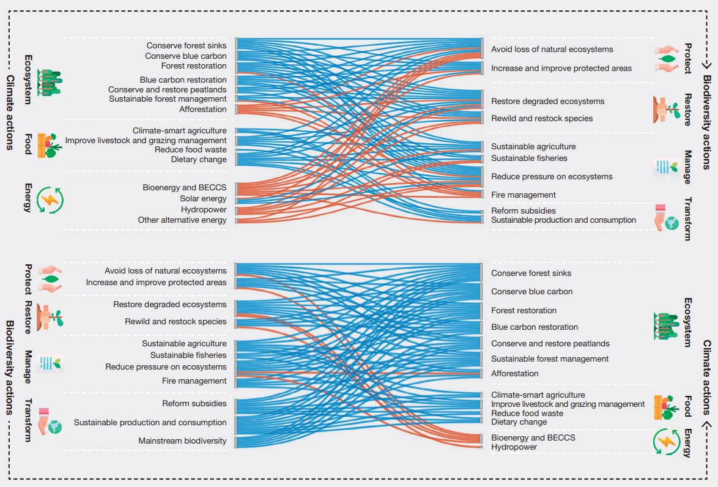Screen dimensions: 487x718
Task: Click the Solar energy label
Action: [x=203, y=199]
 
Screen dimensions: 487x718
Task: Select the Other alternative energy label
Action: [x=182, y=220]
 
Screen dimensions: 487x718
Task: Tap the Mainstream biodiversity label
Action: [x=182, y=441]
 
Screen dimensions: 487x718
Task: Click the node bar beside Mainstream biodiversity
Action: [x=235, y=442]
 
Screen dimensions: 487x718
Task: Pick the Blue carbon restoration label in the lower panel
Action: [x=534, y=327]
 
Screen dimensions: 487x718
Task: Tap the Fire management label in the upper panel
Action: [x=523, y=195]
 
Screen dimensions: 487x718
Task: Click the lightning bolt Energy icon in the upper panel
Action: [x=50, y=199]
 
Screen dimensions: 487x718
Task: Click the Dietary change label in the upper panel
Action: [x=199, y=160]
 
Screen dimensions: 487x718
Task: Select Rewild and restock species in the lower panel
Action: [x=176, y=322]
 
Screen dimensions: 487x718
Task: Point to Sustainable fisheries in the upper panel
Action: [x=529, y=158]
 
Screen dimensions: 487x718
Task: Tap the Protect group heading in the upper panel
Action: [x=688, y=58]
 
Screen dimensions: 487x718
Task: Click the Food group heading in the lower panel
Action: [x=688, y=406]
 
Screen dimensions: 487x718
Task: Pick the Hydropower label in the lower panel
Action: [x=514, y=447]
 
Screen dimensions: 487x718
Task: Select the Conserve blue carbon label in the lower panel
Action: [x=531, y=292]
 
